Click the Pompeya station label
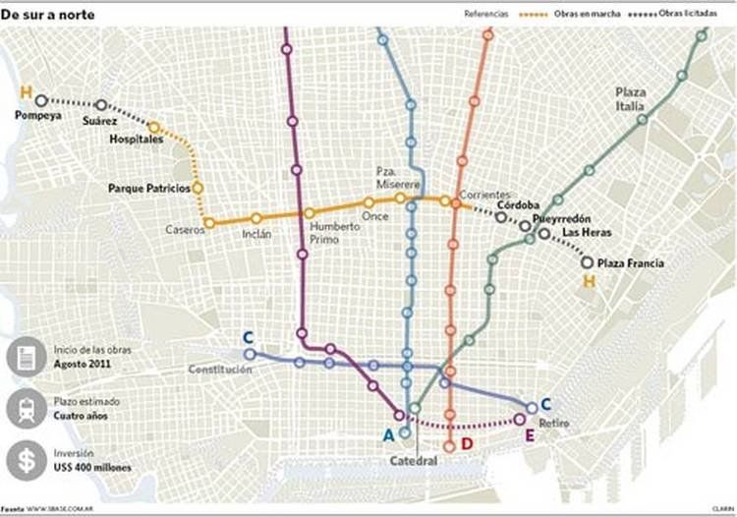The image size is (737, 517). click(38, 115)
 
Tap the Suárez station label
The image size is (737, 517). click(99, 121)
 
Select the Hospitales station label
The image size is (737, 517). click(136, 140)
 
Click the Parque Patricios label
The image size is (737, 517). click(148, 188)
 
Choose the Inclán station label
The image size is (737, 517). click(256, 234)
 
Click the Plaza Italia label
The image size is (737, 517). click(630, 96)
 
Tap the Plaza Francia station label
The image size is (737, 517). click(630, 263)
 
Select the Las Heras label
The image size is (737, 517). click(587, 233)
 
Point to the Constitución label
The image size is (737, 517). click(220, 370)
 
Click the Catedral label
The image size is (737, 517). click(413, 460)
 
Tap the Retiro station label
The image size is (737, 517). click(554, 423)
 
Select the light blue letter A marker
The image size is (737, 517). click(388, 435)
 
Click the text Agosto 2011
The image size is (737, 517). click(82, 363)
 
